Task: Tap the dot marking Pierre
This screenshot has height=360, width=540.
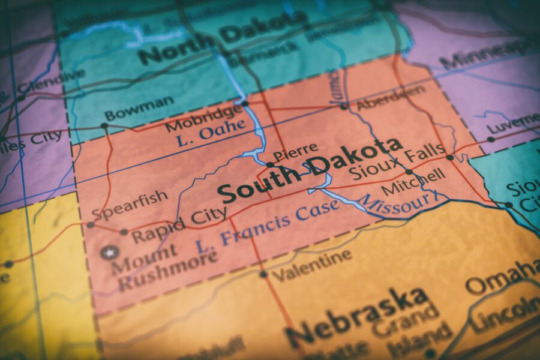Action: (x=270, y=164)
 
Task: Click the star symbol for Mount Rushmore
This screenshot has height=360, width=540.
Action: (x=109, y=253)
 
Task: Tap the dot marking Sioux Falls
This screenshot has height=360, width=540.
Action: (x=449, y=157)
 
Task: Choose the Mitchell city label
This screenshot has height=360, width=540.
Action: (x=413, y=181)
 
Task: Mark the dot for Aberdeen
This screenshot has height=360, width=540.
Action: (x=344, y=107)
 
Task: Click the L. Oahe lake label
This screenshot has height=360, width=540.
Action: (x=212, y=133)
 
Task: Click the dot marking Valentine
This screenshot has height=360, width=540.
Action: (x=263, y=274)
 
